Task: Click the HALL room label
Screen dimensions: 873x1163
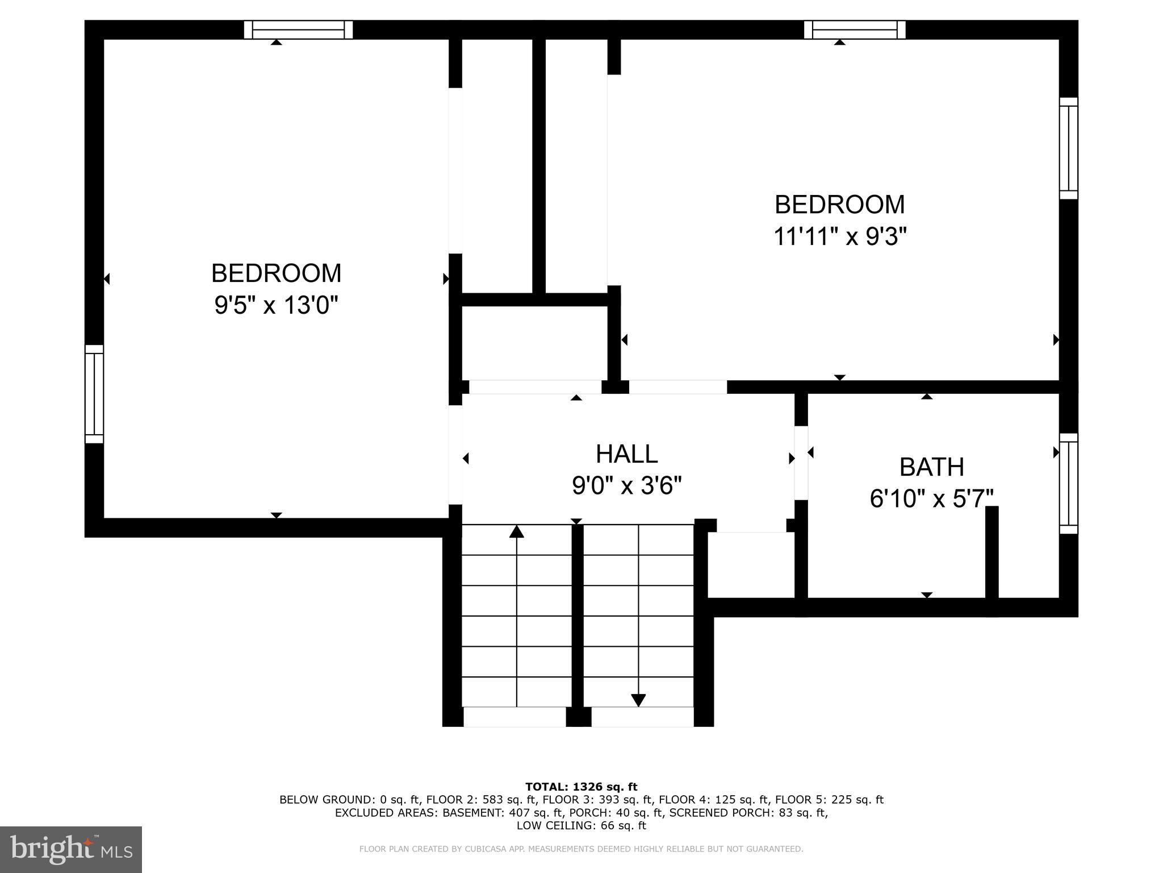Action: click(626, 454)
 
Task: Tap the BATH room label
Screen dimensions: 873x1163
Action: click(931, 467)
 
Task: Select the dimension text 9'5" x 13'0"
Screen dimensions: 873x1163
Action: click(276, 306)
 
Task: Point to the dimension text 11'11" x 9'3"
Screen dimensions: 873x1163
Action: click(839, 236)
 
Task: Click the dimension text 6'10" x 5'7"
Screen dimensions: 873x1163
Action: click(931, 500)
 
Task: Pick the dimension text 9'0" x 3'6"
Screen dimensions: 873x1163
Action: click(626, 486)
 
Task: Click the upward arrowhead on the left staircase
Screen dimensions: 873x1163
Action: click(516, 532)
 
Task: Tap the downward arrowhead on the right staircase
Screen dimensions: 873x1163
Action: click(638, 700)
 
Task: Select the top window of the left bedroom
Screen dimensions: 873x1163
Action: click(298, 30)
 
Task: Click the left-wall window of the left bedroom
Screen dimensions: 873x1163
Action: click(94, 394)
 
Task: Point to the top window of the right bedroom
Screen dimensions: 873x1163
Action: click(855, 30)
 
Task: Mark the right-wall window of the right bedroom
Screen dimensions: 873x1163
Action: click(1068, 148)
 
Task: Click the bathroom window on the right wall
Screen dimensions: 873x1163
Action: click(1068, 484)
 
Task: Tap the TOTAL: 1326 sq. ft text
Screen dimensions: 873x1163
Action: click(581, 787)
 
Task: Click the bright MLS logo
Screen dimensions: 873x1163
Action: click(71, 849)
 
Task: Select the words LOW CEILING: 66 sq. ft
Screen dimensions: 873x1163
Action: click(581, 825)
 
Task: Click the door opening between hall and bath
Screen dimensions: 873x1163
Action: click(801, 463)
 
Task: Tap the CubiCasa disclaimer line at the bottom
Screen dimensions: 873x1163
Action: click(581, 849)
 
